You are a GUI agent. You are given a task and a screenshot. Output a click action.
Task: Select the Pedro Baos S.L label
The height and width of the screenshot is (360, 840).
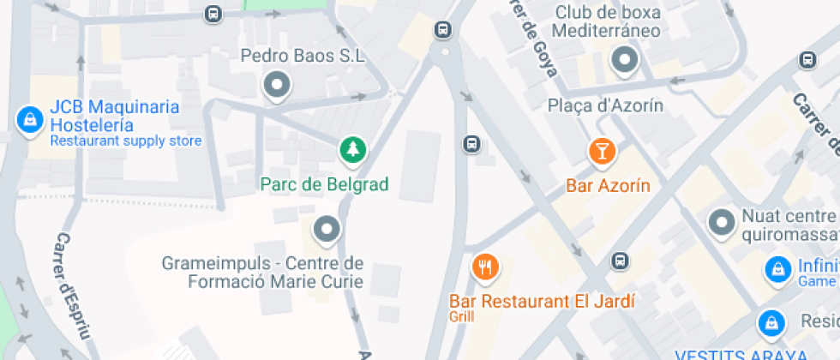pos(303,56)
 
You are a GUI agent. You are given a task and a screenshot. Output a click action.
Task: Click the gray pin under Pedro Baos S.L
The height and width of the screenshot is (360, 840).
pos(276,85)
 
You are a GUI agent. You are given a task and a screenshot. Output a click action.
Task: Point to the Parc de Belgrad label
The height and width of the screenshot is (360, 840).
pos(324,184)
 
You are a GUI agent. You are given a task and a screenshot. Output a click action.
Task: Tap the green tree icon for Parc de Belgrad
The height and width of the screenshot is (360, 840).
pos(351,151)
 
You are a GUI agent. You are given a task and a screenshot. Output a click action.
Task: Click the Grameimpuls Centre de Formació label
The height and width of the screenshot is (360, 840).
pos(262,272)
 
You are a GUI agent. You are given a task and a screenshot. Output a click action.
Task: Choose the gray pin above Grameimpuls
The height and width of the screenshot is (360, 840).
pos(326,229)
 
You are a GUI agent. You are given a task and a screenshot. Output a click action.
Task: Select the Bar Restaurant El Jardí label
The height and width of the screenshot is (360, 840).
pos(542,301)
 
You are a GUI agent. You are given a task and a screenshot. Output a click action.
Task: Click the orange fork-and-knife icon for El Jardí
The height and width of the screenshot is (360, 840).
pos(486,267)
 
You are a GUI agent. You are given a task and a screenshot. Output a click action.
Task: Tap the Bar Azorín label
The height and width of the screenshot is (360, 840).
pos(609,185)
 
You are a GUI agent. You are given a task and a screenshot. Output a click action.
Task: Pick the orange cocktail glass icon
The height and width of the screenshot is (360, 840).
pos(603,152)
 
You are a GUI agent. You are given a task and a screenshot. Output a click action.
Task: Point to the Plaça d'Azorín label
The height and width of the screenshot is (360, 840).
pos(606,105)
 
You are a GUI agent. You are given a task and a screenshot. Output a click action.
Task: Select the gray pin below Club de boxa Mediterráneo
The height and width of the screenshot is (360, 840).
pos(625,61)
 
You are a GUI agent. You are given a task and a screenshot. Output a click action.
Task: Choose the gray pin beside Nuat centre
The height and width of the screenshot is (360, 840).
pos(722,223)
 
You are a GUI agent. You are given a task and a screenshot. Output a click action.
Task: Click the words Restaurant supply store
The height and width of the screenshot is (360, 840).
pos(126,141)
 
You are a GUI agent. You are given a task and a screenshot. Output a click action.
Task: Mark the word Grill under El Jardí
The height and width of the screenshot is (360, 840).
pos(461,317)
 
